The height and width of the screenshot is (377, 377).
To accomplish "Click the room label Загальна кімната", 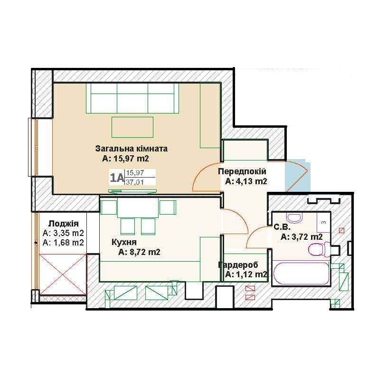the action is pyautogui.click(x=131, y=149).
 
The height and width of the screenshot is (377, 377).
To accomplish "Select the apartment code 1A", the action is pyautogui.click(x=117, y=178).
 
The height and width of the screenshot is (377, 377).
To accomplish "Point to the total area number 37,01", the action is pyautogui.click(x=135, y=182).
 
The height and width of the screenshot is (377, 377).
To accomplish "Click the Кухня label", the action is pyautogui.click(x=124, y=242).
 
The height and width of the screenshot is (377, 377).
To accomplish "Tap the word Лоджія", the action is pyautogui.click(x=64, y=224).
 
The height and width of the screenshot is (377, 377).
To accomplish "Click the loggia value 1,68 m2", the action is pyautogui.click(x=67, y=243).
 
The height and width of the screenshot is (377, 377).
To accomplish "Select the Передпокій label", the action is pyautogui.click(x=242, y=171).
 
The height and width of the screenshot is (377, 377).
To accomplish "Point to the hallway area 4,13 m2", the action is pyautogui.click(x=250, y=181).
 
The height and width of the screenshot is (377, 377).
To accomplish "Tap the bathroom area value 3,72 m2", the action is pyautogui.click(x=306, y=237).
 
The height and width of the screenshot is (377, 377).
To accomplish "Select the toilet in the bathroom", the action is pyautogui.click(x=320, y=250).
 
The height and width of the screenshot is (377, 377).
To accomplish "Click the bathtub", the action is pyautogui.click(x=301, y=273).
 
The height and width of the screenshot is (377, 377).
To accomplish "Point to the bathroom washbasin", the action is pyautogui.click(x=294, y=218).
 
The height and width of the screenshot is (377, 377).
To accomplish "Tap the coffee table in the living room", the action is pyautogui.click(x=132, y=127).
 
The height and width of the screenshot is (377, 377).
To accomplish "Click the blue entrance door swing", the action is pyautogui.click(x=297, y=177).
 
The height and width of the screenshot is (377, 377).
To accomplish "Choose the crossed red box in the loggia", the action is pyautogui.click(x=63, y=274).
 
